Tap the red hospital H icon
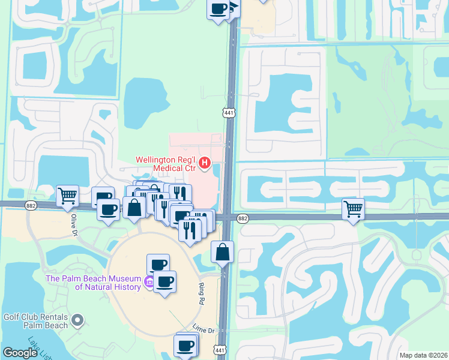pos(205,162)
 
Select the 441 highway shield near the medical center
pos(228,112)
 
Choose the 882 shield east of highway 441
pos(243,218)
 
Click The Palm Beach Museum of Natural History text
pos(94,283)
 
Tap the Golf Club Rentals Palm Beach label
pos(35,320)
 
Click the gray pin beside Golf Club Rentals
pos(77,321)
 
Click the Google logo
pos(20,353)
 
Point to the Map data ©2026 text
pos(423,355)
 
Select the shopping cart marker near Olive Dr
pos(67,195)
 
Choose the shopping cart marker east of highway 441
pos(354,209)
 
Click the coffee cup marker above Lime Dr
pos(164,281)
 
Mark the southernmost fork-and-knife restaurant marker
pos(189,230)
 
